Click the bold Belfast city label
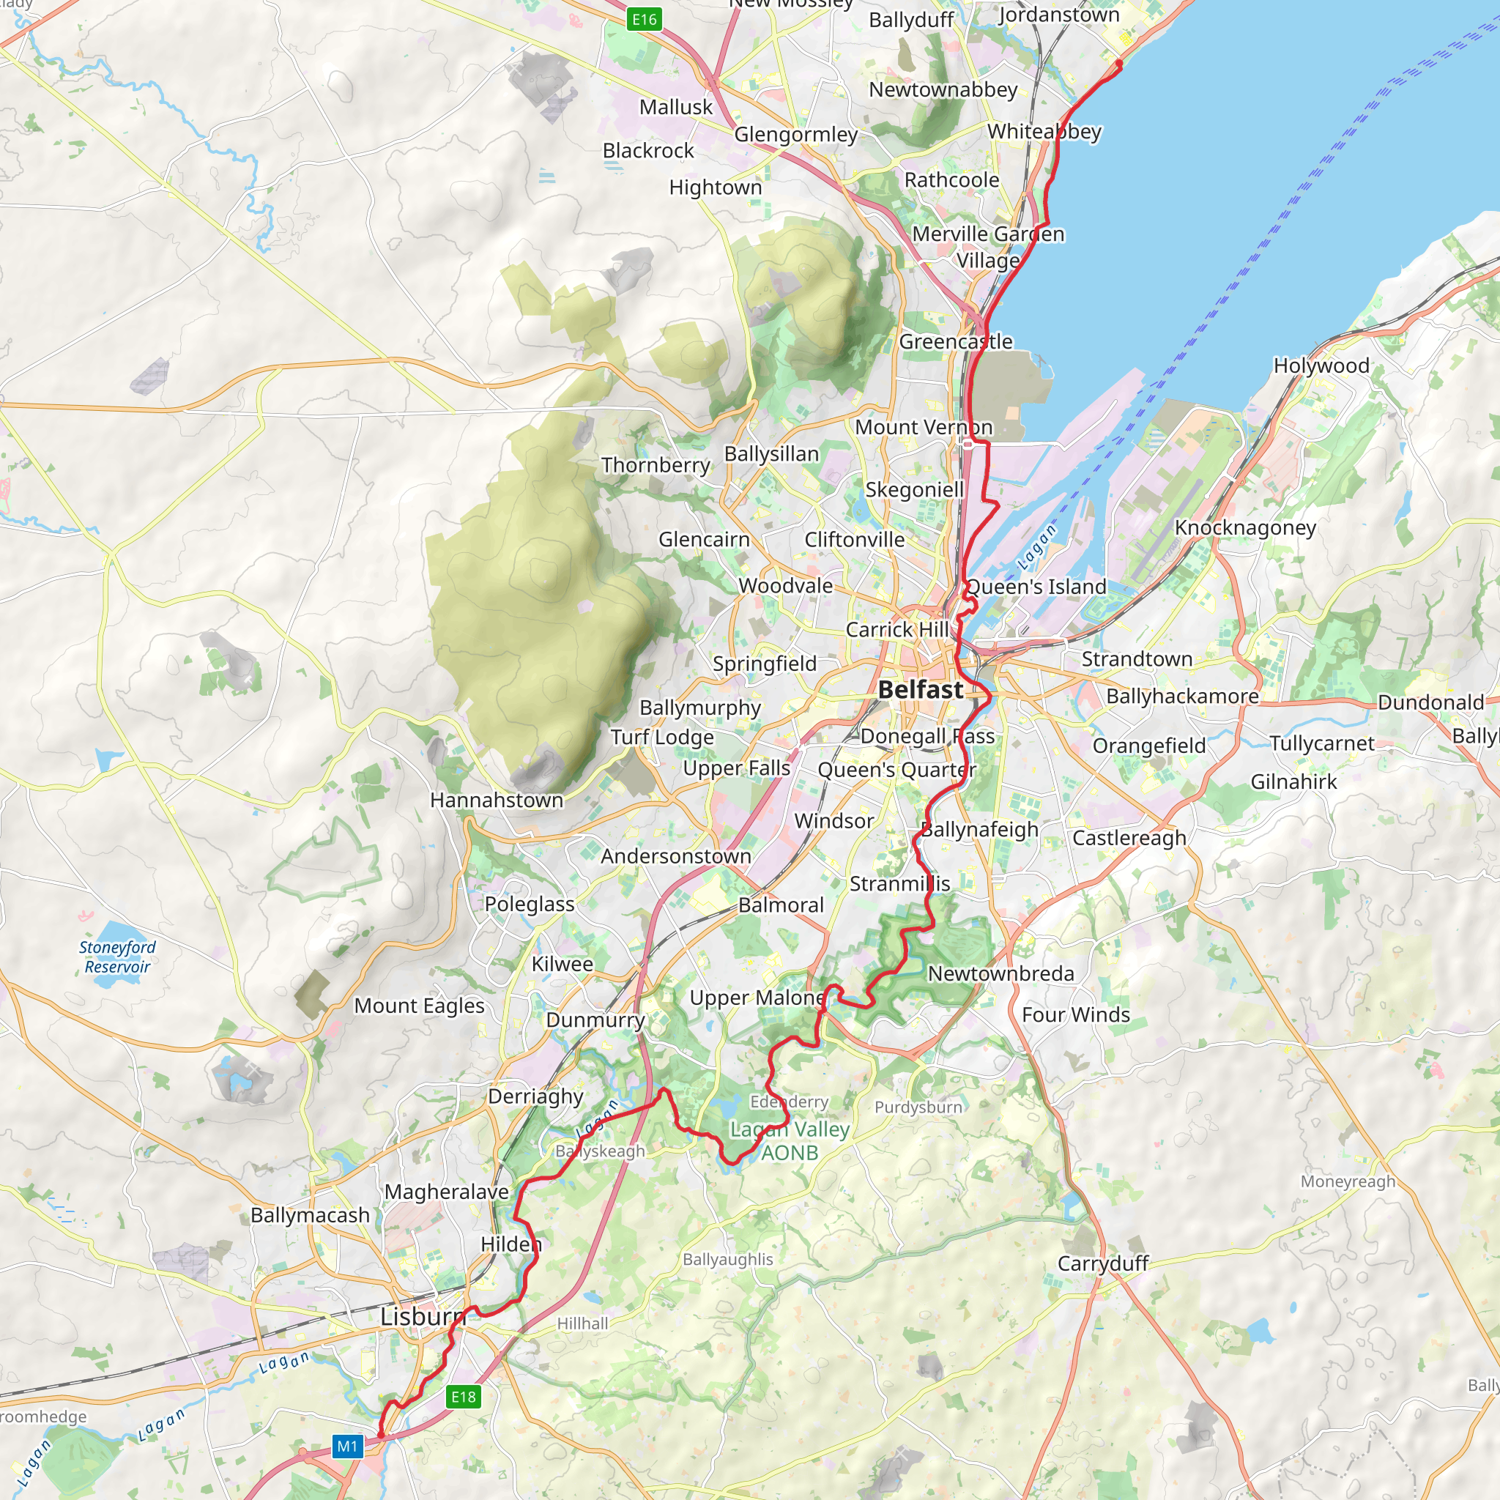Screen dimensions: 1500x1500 920,689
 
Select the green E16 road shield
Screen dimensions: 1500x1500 644,20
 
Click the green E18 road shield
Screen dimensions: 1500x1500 464,1397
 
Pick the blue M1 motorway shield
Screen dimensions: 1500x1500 347,1446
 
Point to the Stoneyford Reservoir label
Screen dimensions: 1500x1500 117,957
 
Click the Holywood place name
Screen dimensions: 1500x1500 1321,365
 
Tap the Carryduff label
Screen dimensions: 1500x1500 1102,1263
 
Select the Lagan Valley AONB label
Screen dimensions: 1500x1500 790,1140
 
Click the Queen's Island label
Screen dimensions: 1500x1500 1036,587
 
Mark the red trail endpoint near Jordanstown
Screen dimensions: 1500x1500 1119,64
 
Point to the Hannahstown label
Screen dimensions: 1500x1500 497,800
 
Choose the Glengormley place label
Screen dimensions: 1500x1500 796,134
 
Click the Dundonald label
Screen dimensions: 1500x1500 1430,702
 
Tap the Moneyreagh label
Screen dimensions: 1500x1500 1348,1181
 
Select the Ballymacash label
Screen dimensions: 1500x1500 310,1215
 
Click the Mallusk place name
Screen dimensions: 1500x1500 675,107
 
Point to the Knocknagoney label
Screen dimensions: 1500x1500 1245,528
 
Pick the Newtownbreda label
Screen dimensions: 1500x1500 1000,973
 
